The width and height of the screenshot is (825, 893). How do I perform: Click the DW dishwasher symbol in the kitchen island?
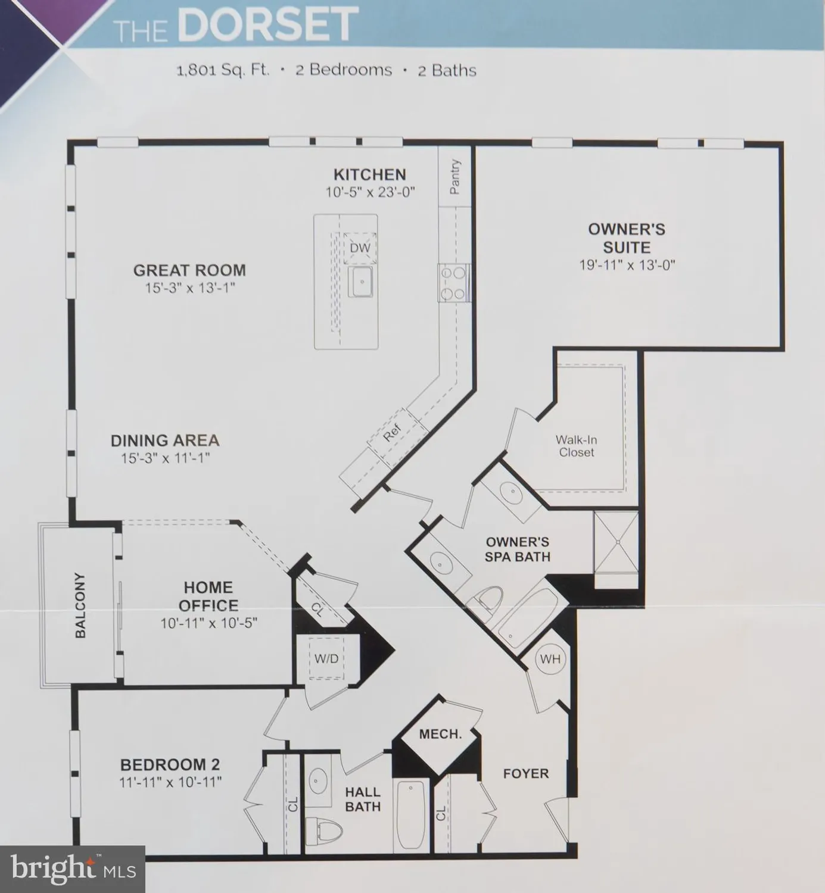(x=360, y=248)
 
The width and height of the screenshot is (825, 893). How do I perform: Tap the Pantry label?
(x=456, y=177)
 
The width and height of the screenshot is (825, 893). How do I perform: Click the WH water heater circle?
(x=550, y=659)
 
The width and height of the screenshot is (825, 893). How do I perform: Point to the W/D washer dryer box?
(x=326, y=658)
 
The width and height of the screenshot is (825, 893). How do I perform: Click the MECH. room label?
(x=440, y=734)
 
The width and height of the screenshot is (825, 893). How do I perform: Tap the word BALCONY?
(x=80, y=605)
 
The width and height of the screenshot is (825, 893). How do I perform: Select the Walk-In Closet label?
(x=576, y=446)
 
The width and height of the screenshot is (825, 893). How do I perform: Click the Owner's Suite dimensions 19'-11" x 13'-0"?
(x=627, y=265)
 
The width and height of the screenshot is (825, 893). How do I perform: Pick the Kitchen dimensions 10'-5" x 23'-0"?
(x=369, y=192)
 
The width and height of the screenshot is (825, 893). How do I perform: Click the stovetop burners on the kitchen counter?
(x=452, y=283)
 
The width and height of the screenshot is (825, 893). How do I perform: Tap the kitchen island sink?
(x=361, y=282)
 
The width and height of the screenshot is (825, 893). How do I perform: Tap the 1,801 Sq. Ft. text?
(x=223, y=70)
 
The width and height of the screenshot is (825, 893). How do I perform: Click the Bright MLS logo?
(x=71, y=869)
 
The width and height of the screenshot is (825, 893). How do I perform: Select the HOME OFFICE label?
(x=208, y=597)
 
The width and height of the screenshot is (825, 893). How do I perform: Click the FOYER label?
(x=526, y=773)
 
